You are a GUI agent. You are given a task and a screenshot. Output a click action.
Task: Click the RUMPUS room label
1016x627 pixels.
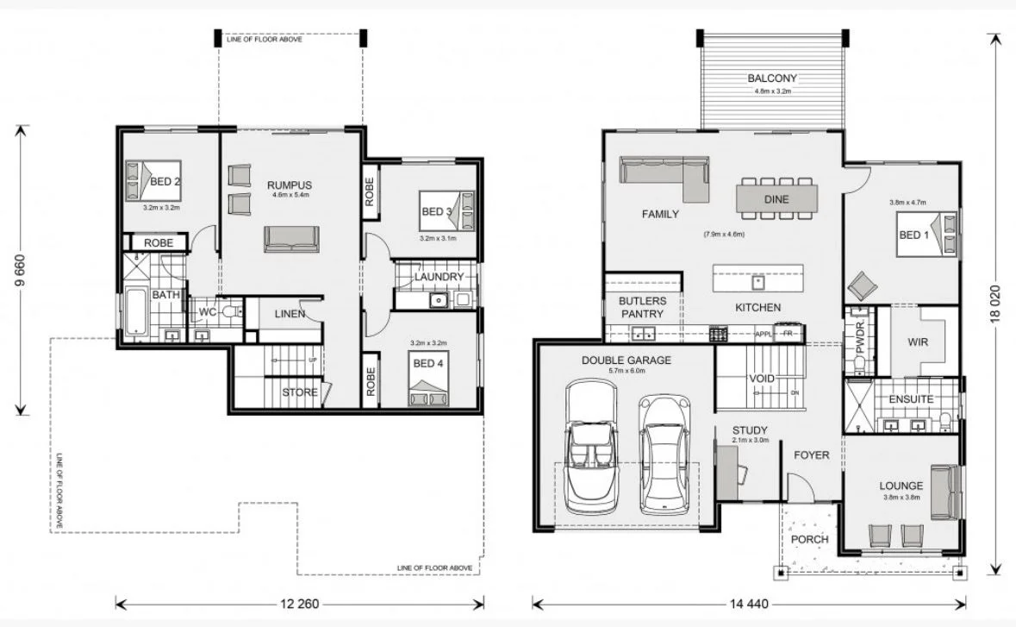(x=290, y=185)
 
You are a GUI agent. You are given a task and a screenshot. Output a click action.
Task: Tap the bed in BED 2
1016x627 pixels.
(x=153, y=180)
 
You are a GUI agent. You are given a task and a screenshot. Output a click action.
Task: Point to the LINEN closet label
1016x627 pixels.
(x=290, y=314)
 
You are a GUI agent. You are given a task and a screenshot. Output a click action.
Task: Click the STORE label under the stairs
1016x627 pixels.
(x=300, y=392)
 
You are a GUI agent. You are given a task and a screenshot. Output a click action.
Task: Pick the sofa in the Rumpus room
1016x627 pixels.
(x=291, y=239)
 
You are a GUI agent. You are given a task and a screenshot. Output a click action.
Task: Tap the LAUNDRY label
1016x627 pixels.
(x=439, y=277)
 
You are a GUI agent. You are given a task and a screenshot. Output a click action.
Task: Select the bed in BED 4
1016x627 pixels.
(x=428, y=379)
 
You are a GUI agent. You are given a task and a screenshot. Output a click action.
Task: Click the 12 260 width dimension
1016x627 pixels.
(x=299, y=605)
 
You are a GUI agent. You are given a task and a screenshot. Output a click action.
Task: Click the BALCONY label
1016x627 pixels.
(x=772, y=78)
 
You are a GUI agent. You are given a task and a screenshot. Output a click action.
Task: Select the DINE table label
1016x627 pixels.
(x=776, y=199)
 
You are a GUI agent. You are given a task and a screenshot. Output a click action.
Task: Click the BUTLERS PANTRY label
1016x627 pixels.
(x=642, y=307)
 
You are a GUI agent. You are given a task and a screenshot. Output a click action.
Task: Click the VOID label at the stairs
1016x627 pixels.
(x=762, y=379)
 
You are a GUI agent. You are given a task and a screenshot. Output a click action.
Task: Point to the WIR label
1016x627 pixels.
(x=918, y=342)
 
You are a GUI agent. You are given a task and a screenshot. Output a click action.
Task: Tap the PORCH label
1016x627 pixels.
(x=809, y=539)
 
